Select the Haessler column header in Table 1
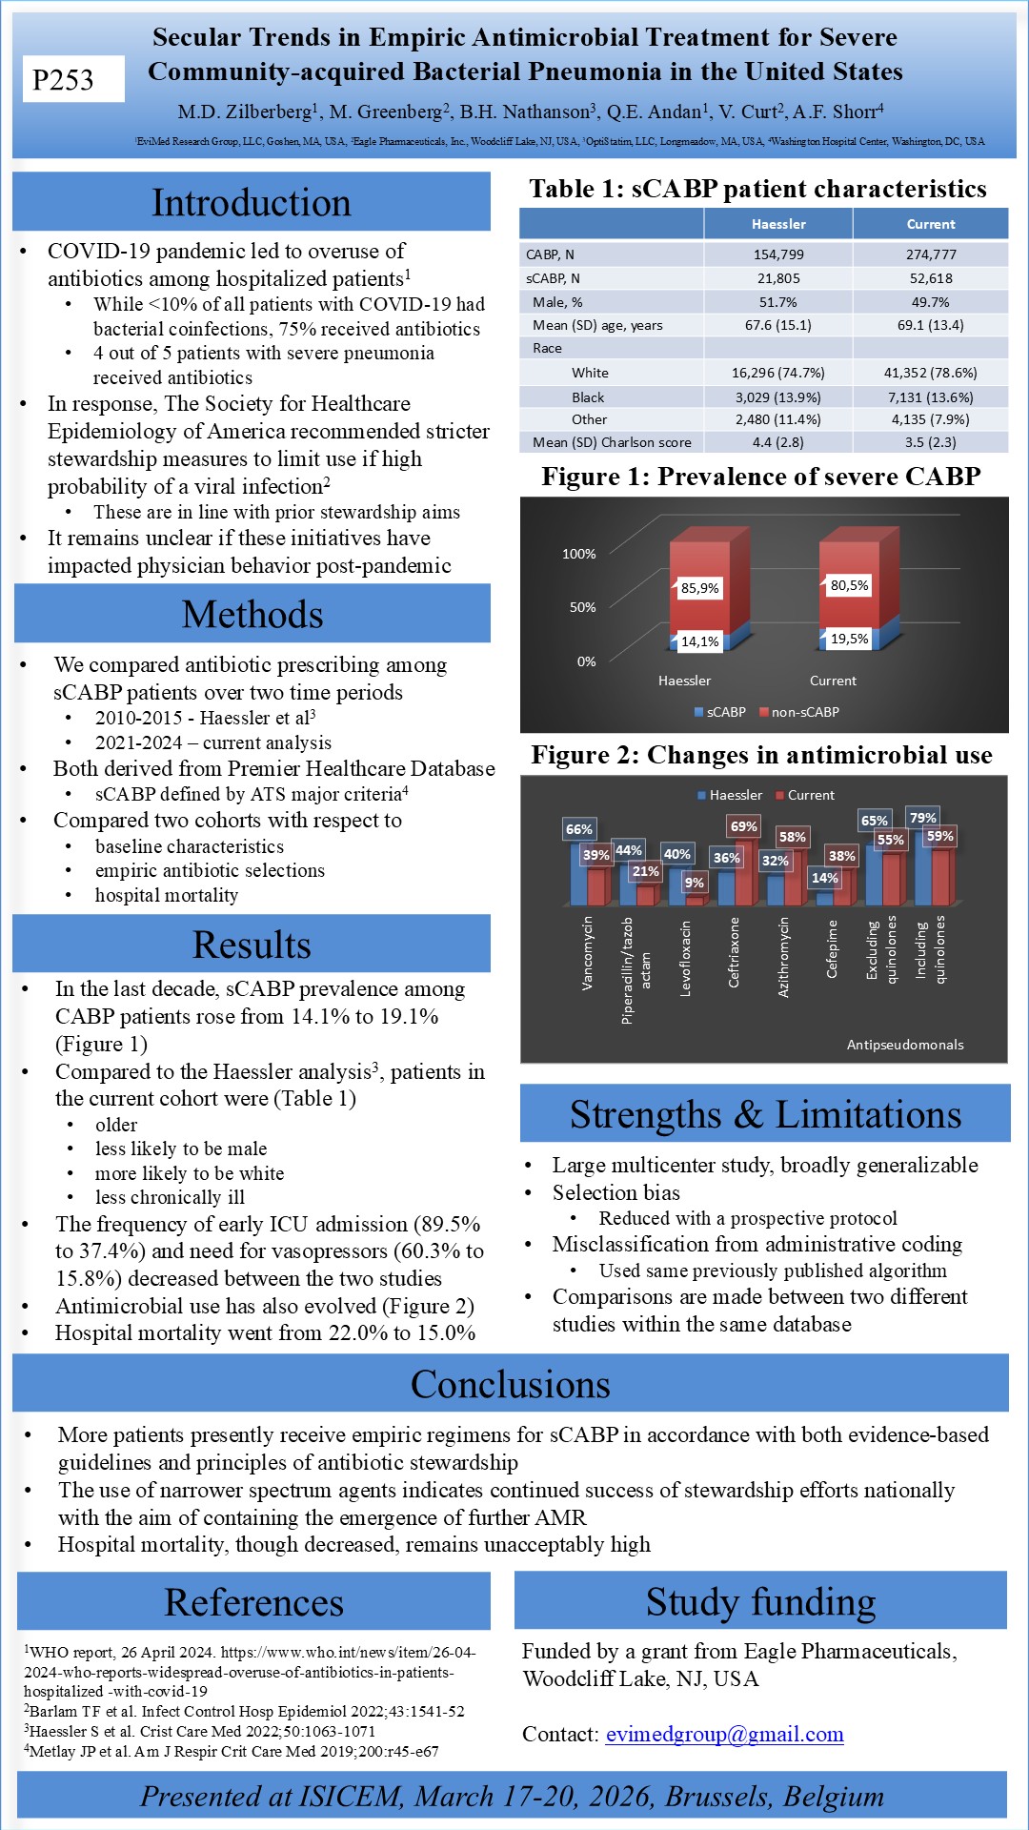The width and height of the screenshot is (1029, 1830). (778, 224)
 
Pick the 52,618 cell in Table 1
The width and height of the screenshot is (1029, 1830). (930, 278)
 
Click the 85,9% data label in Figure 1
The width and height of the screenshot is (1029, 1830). (699, 588)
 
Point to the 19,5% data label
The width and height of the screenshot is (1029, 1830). (849, 639)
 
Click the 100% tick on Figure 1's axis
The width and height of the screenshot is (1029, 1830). (578, 554)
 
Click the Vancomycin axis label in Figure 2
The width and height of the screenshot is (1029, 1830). (587, 953)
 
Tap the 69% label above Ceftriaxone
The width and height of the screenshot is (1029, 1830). (743, 826)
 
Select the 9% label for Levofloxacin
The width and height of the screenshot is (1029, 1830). (694, 883)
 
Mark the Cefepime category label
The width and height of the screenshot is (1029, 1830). (832, 948)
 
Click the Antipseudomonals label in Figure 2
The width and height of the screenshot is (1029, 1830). (905, 1045)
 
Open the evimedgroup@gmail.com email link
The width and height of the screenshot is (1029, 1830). (724, 1734)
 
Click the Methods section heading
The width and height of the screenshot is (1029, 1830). (252, 614)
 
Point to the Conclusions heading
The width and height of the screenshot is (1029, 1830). (510, 1384)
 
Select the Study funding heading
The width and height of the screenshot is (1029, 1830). (760, 1601)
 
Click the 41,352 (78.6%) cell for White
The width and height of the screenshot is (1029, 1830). (930, 373)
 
